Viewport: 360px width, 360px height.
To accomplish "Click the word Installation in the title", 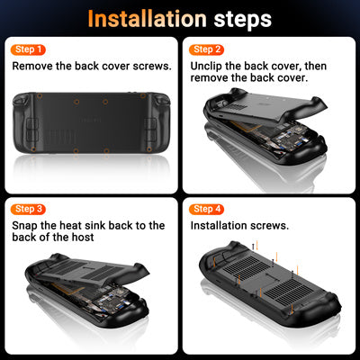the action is [x=148, y=19].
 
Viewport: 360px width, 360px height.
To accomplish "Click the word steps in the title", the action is [x=243, y=21].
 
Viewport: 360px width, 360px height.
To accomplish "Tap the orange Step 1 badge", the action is [x=28, y=49].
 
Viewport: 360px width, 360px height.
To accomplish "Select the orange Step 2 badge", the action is [x=207, y=49].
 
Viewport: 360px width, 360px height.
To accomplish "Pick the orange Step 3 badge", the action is [x=28, y=209].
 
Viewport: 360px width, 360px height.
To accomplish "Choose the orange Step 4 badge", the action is [x=207, y=209].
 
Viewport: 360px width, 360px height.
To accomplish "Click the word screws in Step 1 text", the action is [x=152, y=67].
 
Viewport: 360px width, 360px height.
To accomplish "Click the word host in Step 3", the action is [x=83, y=238].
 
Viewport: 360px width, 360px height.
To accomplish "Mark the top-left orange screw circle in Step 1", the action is [x=40, y=96].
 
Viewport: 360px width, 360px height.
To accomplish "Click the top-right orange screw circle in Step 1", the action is [x=143, y=96].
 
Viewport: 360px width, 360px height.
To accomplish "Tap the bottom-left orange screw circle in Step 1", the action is [x=33, y=149].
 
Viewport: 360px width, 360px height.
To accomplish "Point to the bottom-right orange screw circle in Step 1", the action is [x=149, y=149].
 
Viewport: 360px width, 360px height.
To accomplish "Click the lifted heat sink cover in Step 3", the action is [x=90, y=271].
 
